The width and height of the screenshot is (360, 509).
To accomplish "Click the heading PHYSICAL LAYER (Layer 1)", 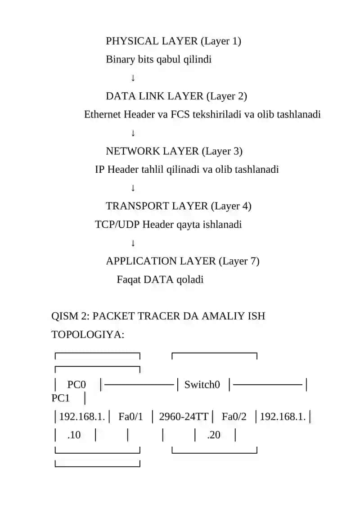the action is click(x=173, y=41).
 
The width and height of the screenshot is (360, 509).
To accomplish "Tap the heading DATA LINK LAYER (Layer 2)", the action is click(x=176, y=96).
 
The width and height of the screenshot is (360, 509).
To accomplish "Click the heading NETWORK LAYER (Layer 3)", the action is click(x=174, y=151).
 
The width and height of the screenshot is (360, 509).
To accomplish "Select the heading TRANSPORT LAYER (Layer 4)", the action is click(x=179, y=206).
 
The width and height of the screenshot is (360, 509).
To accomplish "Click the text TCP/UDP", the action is click(x=117, y=224).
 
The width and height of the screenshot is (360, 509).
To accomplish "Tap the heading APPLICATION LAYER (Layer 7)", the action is click(x=182, y=261).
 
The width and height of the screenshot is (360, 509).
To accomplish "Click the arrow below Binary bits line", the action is click(x=133, y=78).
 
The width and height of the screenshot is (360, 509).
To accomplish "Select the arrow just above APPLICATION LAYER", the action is click(x=133, y=243).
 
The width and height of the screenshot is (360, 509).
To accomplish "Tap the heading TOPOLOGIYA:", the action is click(x=88, y=334).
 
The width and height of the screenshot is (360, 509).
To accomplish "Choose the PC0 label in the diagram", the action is click(x=76, y=385).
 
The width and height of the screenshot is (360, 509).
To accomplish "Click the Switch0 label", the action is click(x=202, y=385).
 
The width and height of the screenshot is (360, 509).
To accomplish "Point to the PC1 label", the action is click(x=60, y=398).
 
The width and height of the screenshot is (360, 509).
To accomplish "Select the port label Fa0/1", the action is click(x=130, y=416).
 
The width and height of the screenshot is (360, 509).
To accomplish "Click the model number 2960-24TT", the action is click(x=184, y=416).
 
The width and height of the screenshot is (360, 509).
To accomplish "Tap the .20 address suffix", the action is click(x=214, y=435).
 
